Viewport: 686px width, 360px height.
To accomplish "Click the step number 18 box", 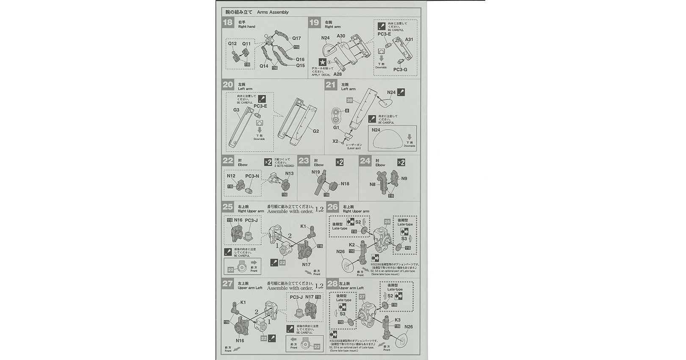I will pyautogui.click(x=228, y=22).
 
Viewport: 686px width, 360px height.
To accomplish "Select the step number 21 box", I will pyautogui.click(x=331, y=85).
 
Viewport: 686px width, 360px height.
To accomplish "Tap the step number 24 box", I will pyautogui.click(x=365, y=161).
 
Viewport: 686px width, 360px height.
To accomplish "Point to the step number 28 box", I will pyautogui.click(x=333, y=284).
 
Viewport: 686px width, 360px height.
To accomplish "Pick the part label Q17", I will pyautogui.click(x=296, y=38).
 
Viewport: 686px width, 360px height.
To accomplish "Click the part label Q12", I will pyautogui.click(x=232, y=44).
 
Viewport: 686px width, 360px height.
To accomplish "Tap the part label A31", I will pyautogui.click(x=409, y=39).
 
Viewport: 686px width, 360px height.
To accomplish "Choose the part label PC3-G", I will pyautogui.click(x=400, y=69).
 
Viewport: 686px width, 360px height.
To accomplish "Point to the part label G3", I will pyautogui.click(x=236, y=110).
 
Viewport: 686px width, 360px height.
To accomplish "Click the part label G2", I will pyautogui.click(x=316, y=131).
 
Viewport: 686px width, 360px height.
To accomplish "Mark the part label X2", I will pyautogui.click(x=335, y=141).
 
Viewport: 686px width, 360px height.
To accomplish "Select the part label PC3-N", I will pyautogui.click(x=252, y=176).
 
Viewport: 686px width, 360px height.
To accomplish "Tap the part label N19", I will pyautogui.click(x=316, y=172).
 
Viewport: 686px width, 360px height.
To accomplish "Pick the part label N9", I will pyautogui.click(x=404, y=179).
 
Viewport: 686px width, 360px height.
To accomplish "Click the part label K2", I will pyautogui.click(x=352, y=245).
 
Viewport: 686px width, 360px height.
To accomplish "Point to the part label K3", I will pyautogui.click(x=397, y=320).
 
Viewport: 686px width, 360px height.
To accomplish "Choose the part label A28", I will pyautogui.click(x=337, y=74).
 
